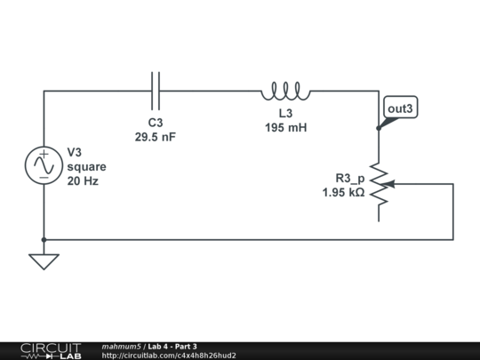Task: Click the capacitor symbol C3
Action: [156, 90]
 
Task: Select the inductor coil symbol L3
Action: [285, 91]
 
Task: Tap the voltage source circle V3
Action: [44, 165]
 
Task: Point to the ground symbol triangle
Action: [44, 261]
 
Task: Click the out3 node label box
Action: [399, 108]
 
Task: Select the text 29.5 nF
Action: [156, 137]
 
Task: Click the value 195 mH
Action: [285, 128]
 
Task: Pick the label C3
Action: [156, 123]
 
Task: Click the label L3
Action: [285, 114]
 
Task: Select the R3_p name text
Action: [349, 177]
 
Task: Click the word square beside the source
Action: [86, 166]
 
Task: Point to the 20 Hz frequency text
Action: [83, 180]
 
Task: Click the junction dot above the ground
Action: [44, 239]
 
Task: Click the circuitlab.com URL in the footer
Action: [169, 356]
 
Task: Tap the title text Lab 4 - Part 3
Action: [172, 346]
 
